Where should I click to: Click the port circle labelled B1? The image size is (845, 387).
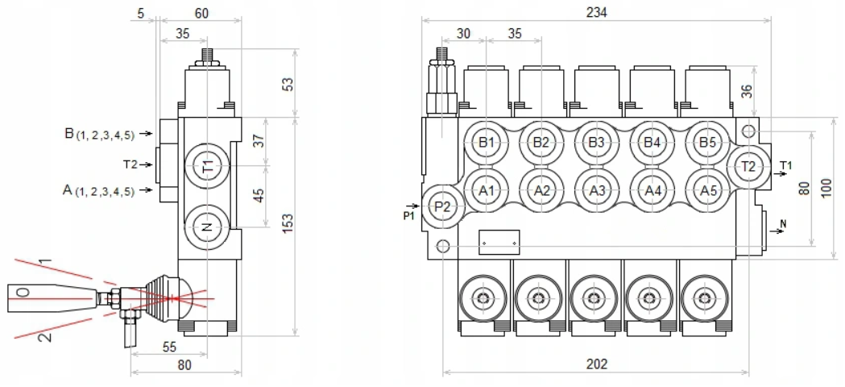pyautogui.click(x=487, y=143)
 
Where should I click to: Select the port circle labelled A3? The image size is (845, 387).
pyautogui.click(x=597, y=191)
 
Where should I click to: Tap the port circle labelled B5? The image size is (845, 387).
pyautogui.click(x=707, y=143)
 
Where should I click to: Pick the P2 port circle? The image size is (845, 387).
pyautogui.click(x=442, y=206)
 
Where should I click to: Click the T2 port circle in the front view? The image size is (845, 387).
pyautogui.click(x=748, y=167)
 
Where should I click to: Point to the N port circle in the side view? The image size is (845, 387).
pyautogui.click(x=207, y=228)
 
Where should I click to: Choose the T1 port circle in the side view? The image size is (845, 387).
pyautogui.click(x=207, y=167)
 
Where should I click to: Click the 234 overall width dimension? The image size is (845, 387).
pyautogui.click(x=596, y=12)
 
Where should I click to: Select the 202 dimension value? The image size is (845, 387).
pyautogui.click(x=596, y=363)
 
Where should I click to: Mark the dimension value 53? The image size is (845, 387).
pyautogui.click(x=288, y=83)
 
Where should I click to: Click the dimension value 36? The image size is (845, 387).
pyautogui.click(x=748, y=91)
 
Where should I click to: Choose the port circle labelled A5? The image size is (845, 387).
pyautogui.click(x=707, y=191)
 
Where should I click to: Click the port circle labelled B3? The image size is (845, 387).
pyautogui.click(x=597, y=143)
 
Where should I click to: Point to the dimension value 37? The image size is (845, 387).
pyautogui.click(x=259, y=141)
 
